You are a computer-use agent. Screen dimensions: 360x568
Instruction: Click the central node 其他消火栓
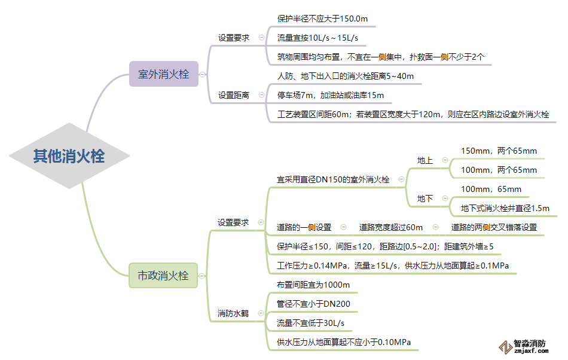coord(69,157)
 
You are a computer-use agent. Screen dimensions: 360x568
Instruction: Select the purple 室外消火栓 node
coord(163,75)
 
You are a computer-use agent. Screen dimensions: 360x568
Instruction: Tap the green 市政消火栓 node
coord(163,276)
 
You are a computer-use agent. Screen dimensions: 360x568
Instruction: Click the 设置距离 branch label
coord(234,95)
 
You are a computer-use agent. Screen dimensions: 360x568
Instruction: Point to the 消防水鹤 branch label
coord(233,313)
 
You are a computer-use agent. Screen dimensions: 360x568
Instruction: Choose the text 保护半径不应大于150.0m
coord(322,19)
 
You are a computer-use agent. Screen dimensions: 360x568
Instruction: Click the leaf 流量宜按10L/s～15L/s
coord(317,38)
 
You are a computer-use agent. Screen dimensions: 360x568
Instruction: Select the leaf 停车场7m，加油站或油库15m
coord(330,95)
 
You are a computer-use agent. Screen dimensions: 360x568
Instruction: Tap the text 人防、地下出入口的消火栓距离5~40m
coord(345,76)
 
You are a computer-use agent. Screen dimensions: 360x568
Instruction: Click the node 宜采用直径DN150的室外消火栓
coord(332,179)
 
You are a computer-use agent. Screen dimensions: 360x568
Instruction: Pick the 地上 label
coord(425,160)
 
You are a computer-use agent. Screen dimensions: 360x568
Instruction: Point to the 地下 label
coord(425,199)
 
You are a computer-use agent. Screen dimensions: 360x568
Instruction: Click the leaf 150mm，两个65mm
coord(499,151)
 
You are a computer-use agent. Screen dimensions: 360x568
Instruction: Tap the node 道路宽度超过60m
coord(390,227)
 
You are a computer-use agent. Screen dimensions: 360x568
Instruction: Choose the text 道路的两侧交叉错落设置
coord(494,227)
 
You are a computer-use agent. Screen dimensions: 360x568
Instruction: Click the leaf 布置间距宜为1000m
coord(313,285)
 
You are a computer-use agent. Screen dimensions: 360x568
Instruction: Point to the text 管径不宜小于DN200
coord(313,304)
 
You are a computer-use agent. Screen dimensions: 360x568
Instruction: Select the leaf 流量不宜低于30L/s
coord(310,324)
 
